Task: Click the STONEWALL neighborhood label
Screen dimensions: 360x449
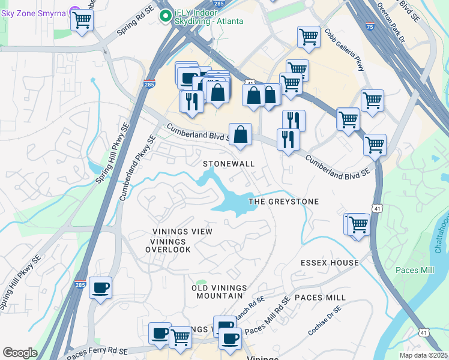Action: (229, 164)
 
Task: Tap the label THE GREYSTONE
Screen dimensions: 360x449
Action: (283, 202)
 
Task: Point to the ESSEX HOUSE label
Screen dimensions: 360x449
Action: (330, 263)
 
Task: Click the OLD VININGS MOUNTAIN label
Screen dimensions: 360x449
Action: (217, 292)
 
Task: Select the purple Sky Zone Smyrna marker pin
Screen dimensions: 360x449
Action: (75, 11)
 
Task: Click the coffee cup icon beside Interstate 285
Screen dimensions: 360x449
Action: (100, 287)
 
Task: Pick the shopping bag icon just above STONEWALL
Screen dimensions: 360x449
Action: (240, 135)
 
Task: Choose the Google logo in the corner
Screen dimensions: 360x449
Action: (20, 353)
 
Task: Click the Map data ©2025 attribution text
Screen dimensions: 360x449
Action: (424, 355)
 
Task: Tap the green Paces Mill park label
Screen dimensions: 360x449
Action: (414, 270)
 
